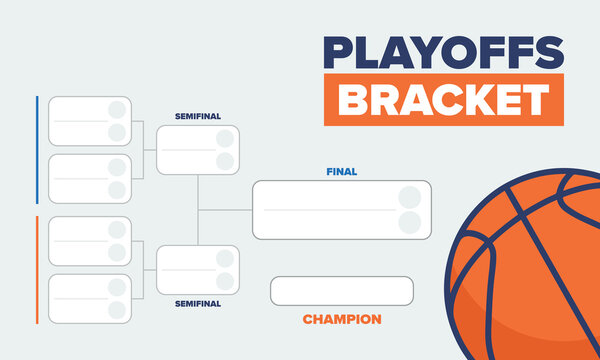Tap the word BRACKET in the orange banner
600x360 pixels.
(x=443, y=99)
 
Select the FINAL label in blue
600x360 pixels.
(x=341, y=171)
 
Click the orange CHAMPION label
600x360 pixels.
(x=341, y=320)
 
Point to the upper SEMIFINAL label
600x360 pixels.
(x=197, y=116)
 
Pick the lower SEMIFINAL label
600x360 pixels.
(x=197, y=303)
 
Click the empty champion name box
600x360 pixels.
(x=341, y=290)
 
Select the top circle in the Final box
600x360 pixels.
(x=409, y=197)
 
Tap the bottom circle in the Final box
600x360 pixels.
(x=409, y=222)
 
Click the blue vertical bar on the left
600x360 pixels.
(x=37, y=149)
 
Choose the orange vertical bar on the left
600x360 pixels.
(x=37, y=269)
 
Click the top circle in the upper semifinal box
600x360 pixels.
(x=225, y=139)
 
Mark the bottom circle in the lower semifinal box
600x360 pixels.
(x=225, y=281)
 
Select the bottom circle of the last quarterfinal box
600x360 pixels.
(x=117, y=310)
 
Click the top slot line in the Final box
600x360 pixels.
(x=325, y=197)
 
